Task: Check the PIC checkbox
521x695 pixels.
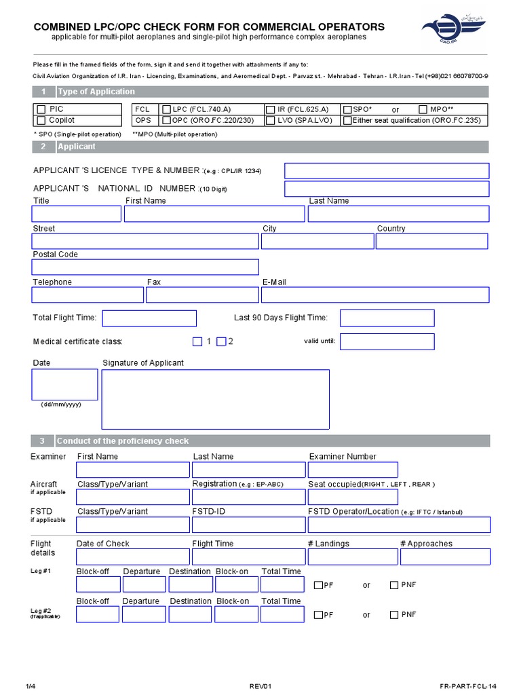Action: click(x=41, y=109)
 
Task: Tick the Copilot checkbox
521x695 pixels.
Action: click(x=41, y=121)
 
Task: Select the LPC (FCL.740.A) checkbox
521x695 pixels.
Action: click(x=167, y=109)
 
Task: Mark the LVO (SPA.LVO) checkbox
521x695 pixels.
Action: click(x=271, y=121)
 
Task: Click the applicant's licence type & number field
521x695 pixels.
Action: click(x=387, y=170)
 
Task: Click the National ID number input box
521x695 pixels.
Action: click(x=387, y=189)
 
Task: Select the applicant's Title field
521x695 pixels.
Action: click(x=77, y=214)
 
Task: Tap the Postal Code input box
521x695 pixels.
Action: click(x=145, y=267)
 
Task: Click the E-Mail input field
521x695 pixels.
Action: click(x=374, y=295)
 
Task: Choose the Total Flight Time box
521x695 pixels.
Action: click(x=149, y=318)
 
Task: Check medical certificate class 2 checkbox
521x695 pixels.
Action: click(x=221, y=341)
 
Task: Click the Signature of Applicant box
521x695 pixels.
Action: click(x=216, y=399)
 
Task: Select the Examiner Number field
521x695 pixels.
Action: click(x=353, y=470)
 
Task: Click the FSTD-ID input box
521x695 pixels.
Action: click(x=248, y=525)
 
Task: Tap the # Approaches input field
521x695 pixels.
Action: click(x=444, y=557)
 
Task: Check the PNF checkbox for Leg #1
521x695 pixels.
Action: click(x=394, y=585)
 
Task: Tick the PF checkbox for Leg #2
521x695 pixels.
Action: click(x=318, y=615)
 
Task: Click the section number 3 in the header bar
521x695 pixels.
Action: click(x=43, y=441)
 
